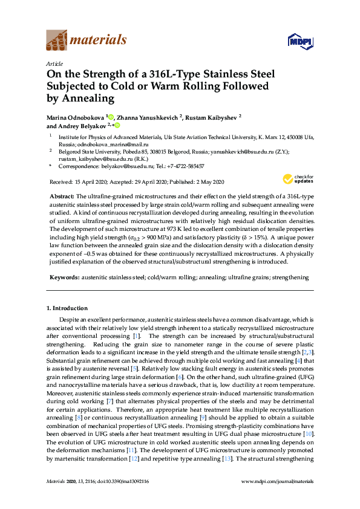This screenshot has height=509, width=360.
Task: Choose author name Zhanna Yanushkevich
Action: pos(154,115)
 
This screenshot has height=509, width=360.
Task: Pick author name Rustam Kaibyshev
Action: pos(212,115)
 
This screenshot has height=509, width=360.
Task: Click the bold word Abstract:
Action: pos(61,197)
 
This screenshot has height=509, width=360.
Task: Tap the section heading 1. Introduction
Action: pos(71,308)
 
